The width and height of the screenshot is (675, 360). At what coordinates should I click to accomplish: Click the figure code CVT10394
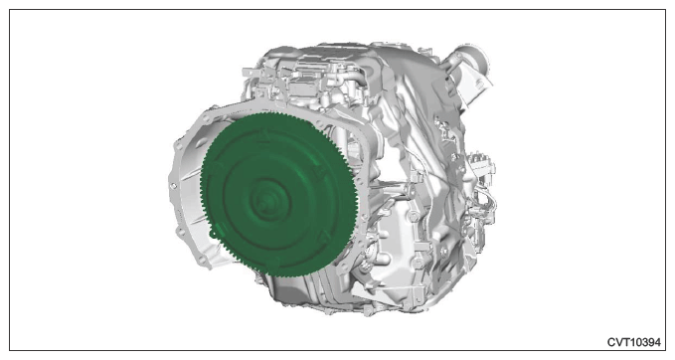[633, 342]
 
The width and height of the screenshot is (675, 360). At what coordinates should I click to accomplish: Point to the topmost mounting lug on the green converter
[263, 137]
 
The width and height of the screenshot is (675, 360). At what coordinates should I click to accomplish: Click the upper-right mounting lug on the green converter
[318, 172]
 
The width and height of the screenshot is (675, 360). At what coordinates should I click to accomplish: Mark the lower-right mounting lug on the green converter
[324, 235]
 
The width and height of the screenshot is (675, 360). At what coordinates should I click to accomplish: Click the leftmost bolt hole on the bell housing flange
[173, 186]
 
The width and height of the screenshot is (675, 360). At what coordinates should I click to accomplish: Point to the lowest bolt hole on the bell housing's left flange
[201, 260]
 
